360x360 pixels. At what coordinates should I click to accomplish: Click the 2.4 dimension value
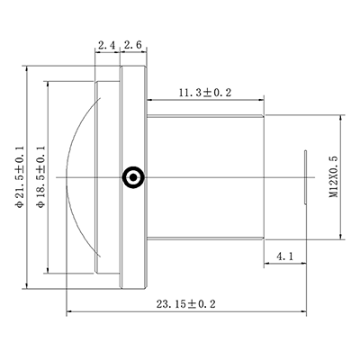pos(106,43)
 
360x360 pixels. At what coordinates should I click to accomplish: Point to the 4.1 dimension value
pos(284,256)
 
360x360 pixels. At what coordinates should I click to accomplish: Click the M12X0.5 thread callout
pos(332,176)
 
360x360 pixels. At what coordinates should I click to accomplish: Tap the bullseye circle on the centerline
pos(133,176)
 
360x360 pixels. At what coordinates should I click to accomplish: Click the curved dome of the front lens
pos(79,176)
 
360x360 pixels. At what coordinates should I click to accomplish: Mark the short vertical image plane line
pos(306,176)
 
